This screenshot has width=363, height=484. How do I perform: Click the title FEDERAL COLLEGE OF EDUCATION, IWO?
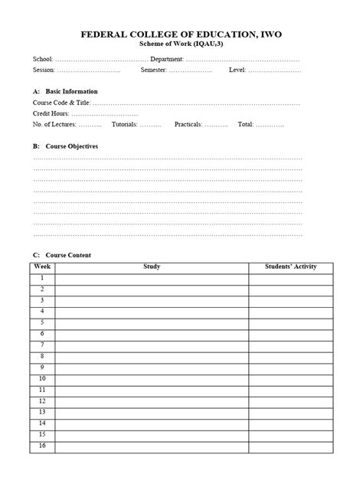181,35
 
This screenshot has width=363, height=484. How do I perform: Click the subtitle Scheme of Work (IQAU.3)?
181,44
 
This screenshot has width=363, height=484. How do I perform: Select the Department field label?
166,59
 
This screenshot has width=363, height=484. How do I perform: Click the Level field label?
237,70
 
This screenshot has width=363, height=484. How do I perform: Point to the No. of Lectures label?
54,123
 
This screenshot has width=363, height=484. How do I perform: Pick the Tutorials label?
125,123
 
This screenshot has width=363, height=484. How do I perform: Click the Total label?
245,123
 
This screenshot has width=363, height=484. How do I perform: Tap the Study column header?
152,267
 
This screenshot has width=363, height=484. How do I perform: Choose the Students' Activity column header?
290,267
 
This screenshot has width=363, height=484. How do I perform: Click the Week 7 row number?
42,345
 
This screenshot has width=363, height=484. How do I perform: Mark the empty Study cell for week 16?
152,446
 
